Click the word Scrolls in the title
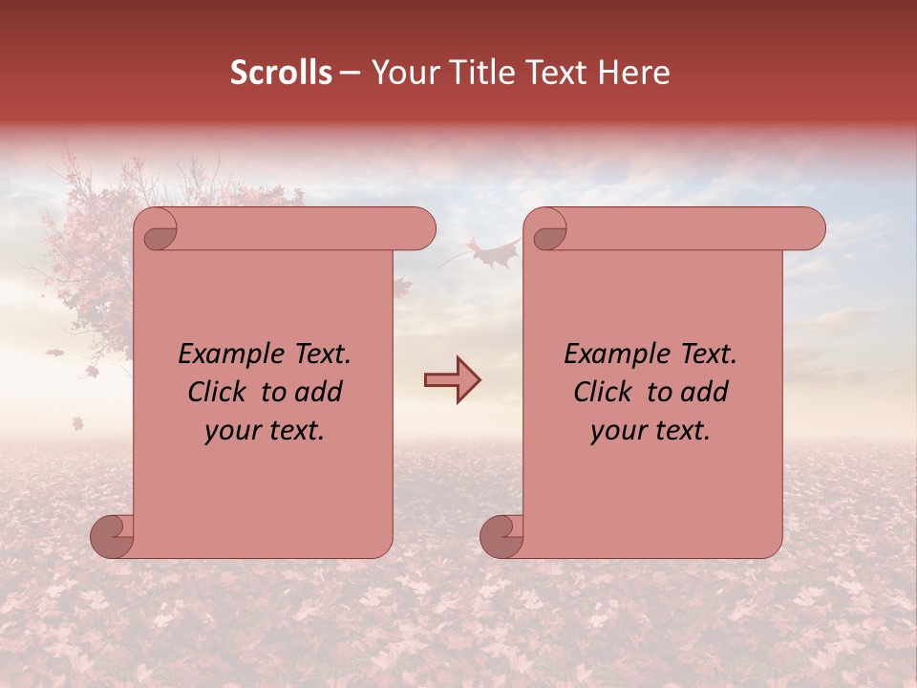pyautogui.click(x=282, y=73)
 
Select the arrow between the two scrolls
pyautogui.click(x=452, y=380)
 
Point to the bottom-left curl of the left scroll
pyautogui.click(x=113, y=535)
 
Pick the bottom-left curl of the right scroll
pyautogui.click(x=502, y=535)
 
